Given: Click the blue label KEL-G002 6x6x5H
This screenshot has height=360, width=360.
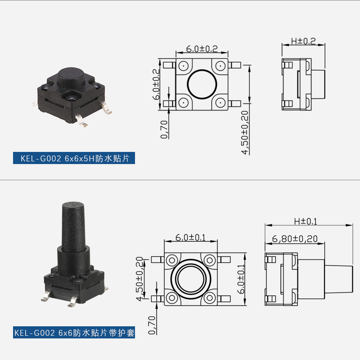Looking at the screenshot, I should click(74, 158).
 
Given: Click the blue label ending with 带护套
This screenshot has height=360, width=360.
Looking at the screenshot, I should click(74, 333).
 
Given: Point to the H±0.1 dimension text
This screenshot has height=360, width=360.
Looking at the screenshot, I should click(306, 221).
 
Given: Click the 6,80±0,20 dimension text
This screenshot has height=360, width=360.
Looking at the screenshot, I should click(295, 239).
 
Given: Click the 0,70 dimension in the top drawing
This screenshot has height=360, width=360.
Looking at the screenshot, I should click(164, 129).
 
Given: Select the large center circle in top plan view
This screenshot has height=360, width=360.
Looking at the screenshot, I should click(202, 84).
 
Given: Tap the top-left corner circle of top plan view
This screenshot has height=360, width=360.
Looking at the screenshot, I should click(184, 66).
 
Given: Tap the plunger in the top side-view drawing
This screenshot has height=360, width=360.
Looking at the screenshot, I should click(317, 84).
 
